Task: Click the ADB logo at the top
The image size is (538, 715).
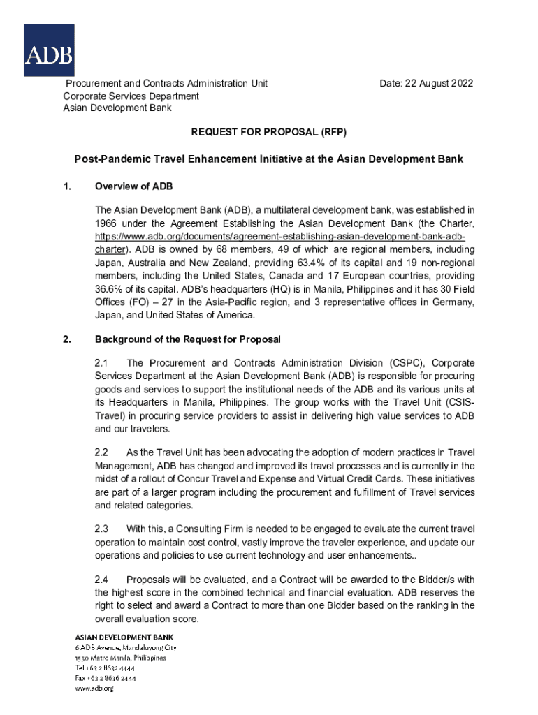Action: pyautogui.click(x=49, y=50)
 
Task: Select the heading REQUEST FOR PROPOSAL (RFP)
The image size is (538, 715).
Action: pyautogui.click(x=269, y=131)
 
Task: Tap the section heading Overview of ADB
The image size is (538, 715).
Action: pyautogui.click(x=133, y=186)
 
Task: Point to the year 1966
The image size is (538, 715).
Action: pyautogui.click(x=107, y=223)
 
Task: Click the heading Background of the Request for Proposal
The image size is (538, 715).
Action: pyautogui.click(x=187, y=339)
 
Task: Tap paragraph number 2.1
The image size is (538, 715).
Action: pyautogui.click(x=102, y=364)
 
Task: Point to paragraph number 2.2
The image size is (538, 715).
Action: pyautogui.click(x=102, y=453)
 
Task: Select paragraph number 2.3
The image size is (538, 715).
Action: pyautogui.click(x=102, y=529)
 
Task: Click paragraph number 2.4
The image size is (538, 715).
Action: pyautogui.click(x=102, y=580)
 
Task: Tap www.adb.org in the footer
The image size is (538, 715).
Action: pyautogui.click(x=94, y=688)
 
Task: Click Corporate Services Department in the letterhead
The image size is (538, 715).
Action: pyautogui.click(x=131, y=96)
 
